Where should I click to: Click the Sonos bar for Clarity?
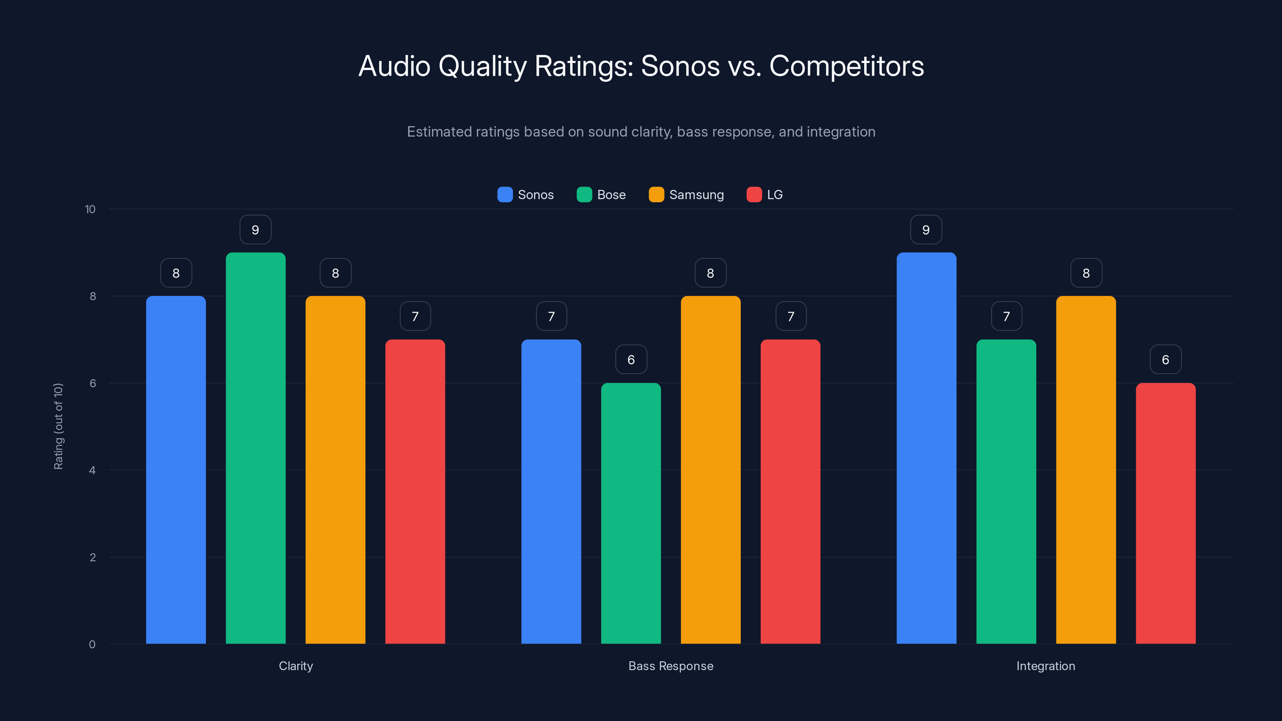(x=176, y=470)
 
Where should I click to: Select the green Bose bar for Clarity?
(x=255, y=448)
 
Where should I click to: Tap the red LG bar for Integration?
(x=1165, y=513)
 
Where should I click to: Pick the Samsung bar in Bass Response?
(x=710, y=470)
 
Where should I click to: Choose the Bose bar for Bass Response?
(x=631, y=513)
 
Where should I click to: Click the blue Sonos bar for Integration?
(x=926, y=448)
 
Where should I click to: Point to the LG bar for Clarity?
(x=415, y=491)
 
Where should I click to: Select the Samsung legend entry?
(x=686, y=195)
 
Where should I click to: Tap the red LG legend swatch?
(x=754, y=195)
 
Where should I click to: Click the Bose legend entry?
(x=601, y=195)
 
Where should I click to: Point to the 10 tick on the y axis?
(x=90, y=209)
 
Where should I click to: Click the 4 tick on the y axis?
(x=92, y=470)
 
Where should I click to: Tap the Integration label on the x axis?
(x=1046, y=666)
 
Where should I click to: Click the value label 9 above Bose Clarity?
(x=255, y=230)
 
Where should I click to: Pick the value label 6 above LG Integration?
(x=1165, y=360)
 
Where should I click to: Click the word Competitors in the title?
(x=847, y=66)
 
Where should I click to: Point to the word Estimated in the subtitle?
(x=438, y=132)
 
